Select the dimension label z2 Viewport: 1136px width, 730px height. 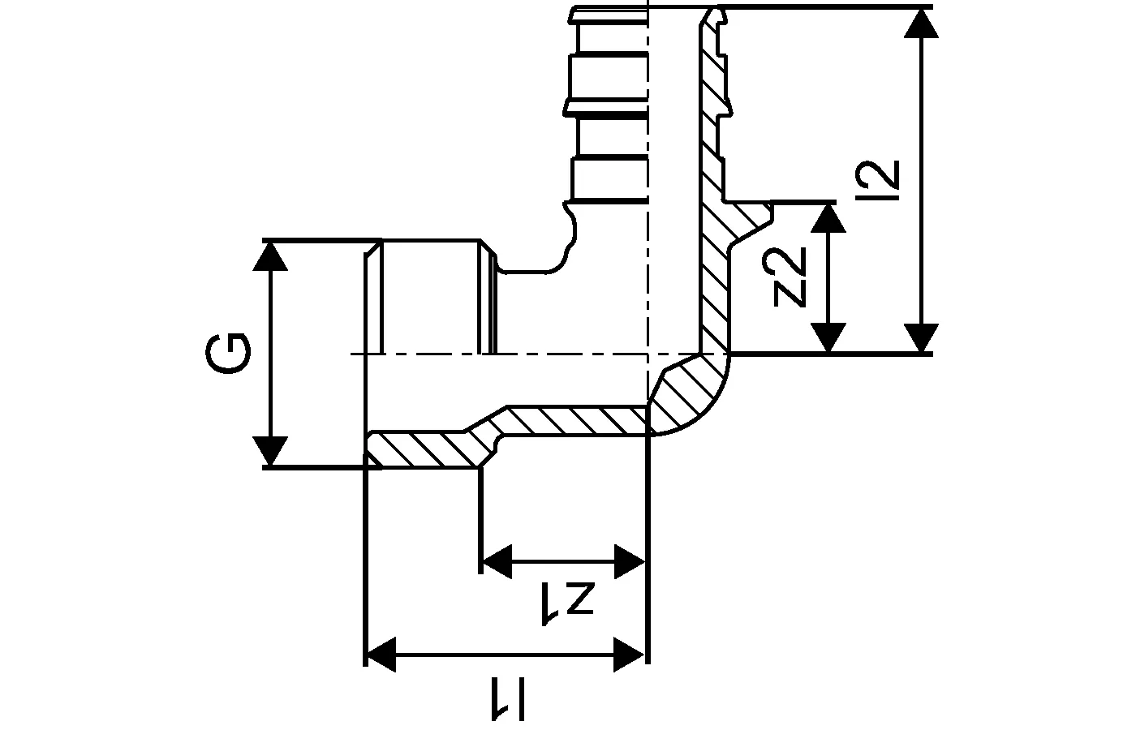(x=790, y=277)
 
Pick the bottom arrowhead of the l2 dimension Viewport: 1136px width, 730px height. (x=921, y=337)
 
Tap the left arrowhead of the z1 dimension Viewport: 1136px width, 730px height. (x=497, y=561)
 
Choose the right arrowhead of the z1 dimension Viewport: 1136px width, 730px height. (x=630, y=561)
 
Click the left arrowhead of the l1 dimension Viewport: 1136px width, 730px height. (x=381, y=654)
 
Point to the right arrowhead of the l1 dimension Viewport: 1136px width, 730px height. (x=630, y=654)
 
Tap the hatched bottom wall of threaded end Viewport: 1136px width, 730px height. (x=422, y=449)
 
